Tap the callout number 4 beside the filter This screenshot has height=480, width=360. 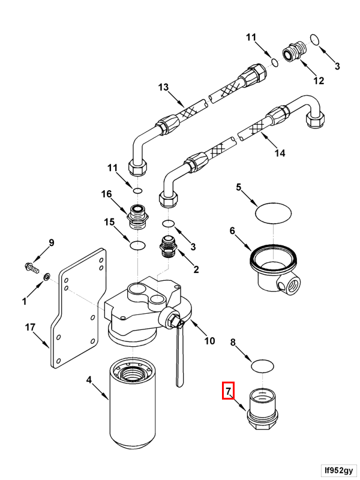coord(89,380)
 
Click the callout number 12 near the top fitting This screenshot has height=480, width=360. coord(318,80)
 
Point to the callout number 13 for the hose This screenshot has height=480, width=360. coord(164,88)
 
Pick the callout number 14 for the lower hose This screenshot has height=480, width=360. coord(280,153)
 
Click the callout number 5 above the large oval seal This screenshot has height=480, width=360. coord(238,188)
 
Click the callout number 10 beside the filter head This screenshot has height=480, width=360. coord(209,341)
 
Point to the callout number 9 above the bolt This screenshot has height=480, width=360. coord(51,243)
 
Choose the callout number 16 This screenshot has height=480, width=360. coord(106,194)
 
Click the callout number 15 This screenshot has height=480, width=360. coord(109,222)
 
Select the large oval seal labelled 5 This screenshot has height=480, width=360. coord(273,212)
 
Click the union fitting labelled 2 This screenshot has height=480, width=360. coord(168,247)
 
